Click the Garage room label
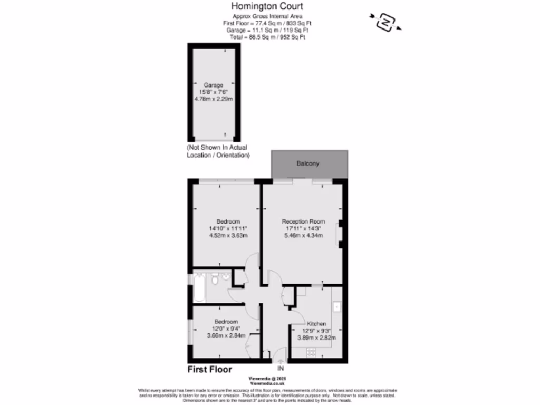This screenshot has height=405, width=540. point(214,84)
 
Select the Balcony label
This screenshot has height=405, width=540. point(307,163)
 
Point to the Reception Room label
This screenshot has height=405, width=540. point(303,221)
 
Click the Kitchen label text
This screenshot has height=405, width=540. point(317,324)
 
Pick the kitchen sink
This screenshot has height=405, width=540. point(337,306)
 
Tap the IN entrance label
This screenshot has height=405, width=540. point(281,368)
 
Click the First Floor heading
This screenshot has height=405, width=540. point(209,370)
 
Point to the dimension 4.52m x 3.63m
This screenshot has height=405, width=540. point(228,236)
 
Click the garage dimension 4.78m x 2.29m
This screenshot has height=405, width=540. point(214,98)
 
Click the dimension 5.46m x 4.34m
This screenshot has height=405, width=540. point(303,236)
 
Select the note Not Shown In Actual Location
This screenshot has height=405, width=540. point(217,151)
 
